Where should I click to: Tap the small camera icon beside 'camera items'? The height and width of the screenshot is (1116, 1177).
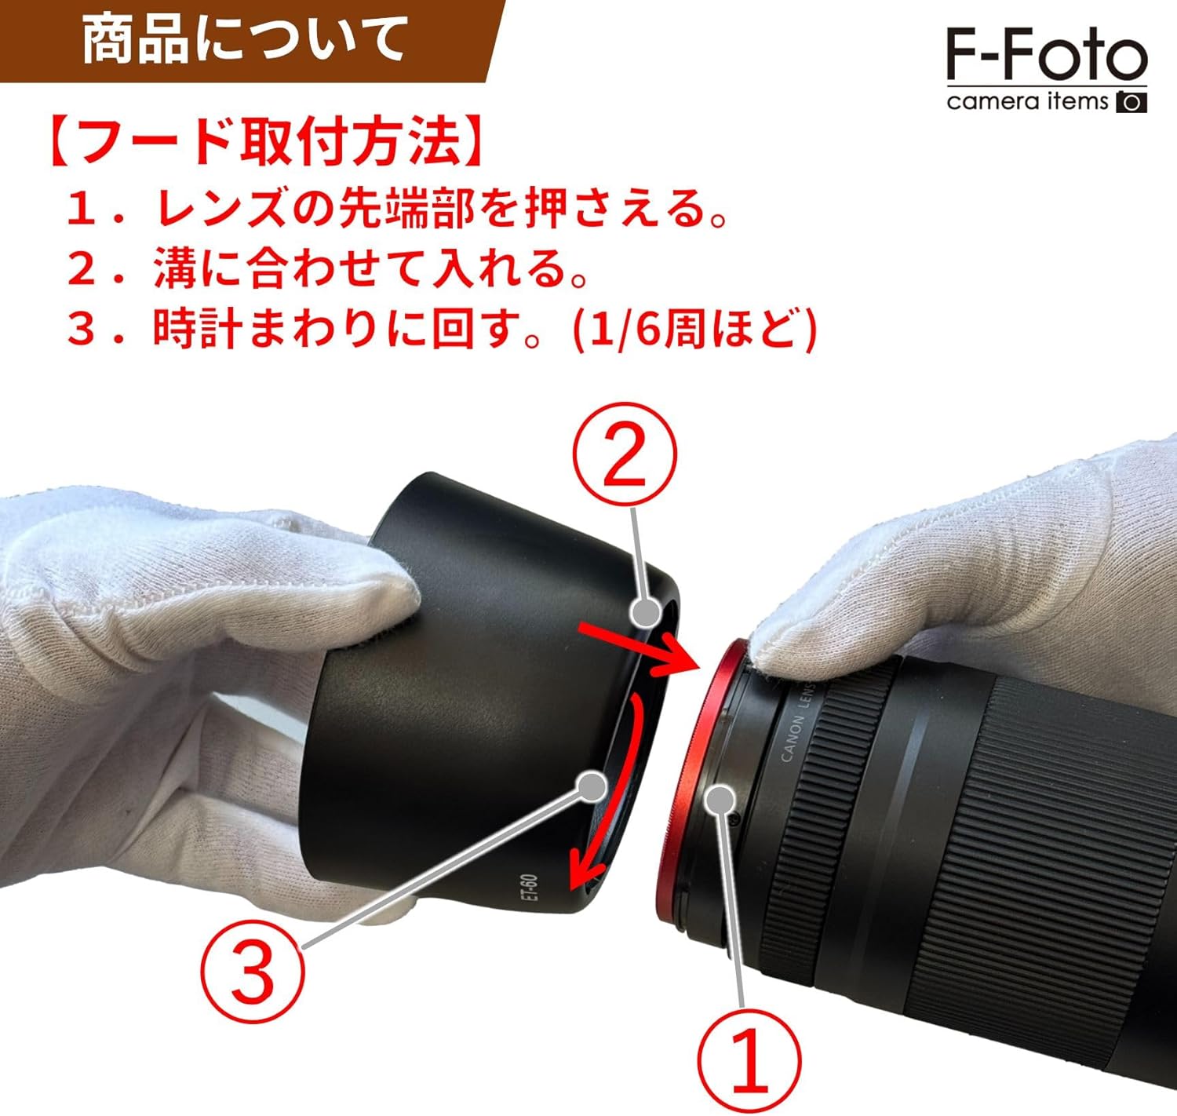coord(1131,103)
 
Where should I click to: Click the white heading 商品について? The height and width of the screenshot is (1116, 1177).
coord(245,41)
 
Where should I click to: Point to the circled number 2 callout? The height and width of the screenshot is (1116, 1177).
coord(625,454)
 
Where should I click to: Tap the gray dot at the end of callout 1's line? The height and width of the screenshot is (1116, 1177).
coord(720,801)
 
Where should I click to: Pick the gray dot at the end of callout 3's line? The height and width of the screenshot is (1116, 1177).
coord(592,786)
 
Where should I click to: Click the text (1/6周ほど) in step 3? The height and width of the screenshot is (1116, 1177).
coord(694,330)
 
